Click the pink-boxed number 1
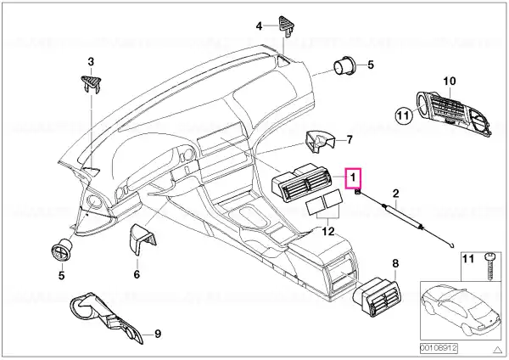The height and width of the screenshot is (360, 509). [x=353, y=177]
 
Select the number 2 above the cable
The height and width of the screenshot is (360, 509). [x=395, y=194]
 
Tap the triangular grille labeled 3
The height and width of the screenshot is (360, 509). [x=91, y=84]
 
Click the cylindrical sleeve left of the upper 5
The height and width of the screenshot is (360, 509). [x=345, y=65]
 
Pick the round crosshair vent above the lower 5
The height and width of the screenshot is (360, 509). [x=62, y=250]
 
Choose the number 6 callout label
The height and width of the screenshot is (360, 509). [x=137, y=274]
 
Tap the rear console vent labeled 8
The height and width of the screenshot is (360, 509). [x=376, y=296]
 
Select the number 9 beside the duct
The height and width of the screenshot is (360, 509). [x=157, y=334]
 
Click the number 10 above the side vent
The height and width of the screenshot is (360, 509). [x=450, y=82]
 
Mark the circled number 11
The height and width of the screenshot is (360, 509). [x=403, y=115]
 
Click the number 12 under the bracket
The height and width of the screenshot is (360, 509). [x=328, y=232]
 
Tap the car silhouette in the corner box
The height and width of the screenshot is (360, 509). [x=461, y=311]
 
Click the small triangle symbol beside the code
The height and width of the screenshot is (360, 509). [x=497, y=350]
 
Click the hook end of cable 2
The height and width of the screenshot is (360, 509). [x=453, y=246]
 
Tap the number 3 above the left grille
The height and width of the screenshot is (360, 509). [x=91, y=61]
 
